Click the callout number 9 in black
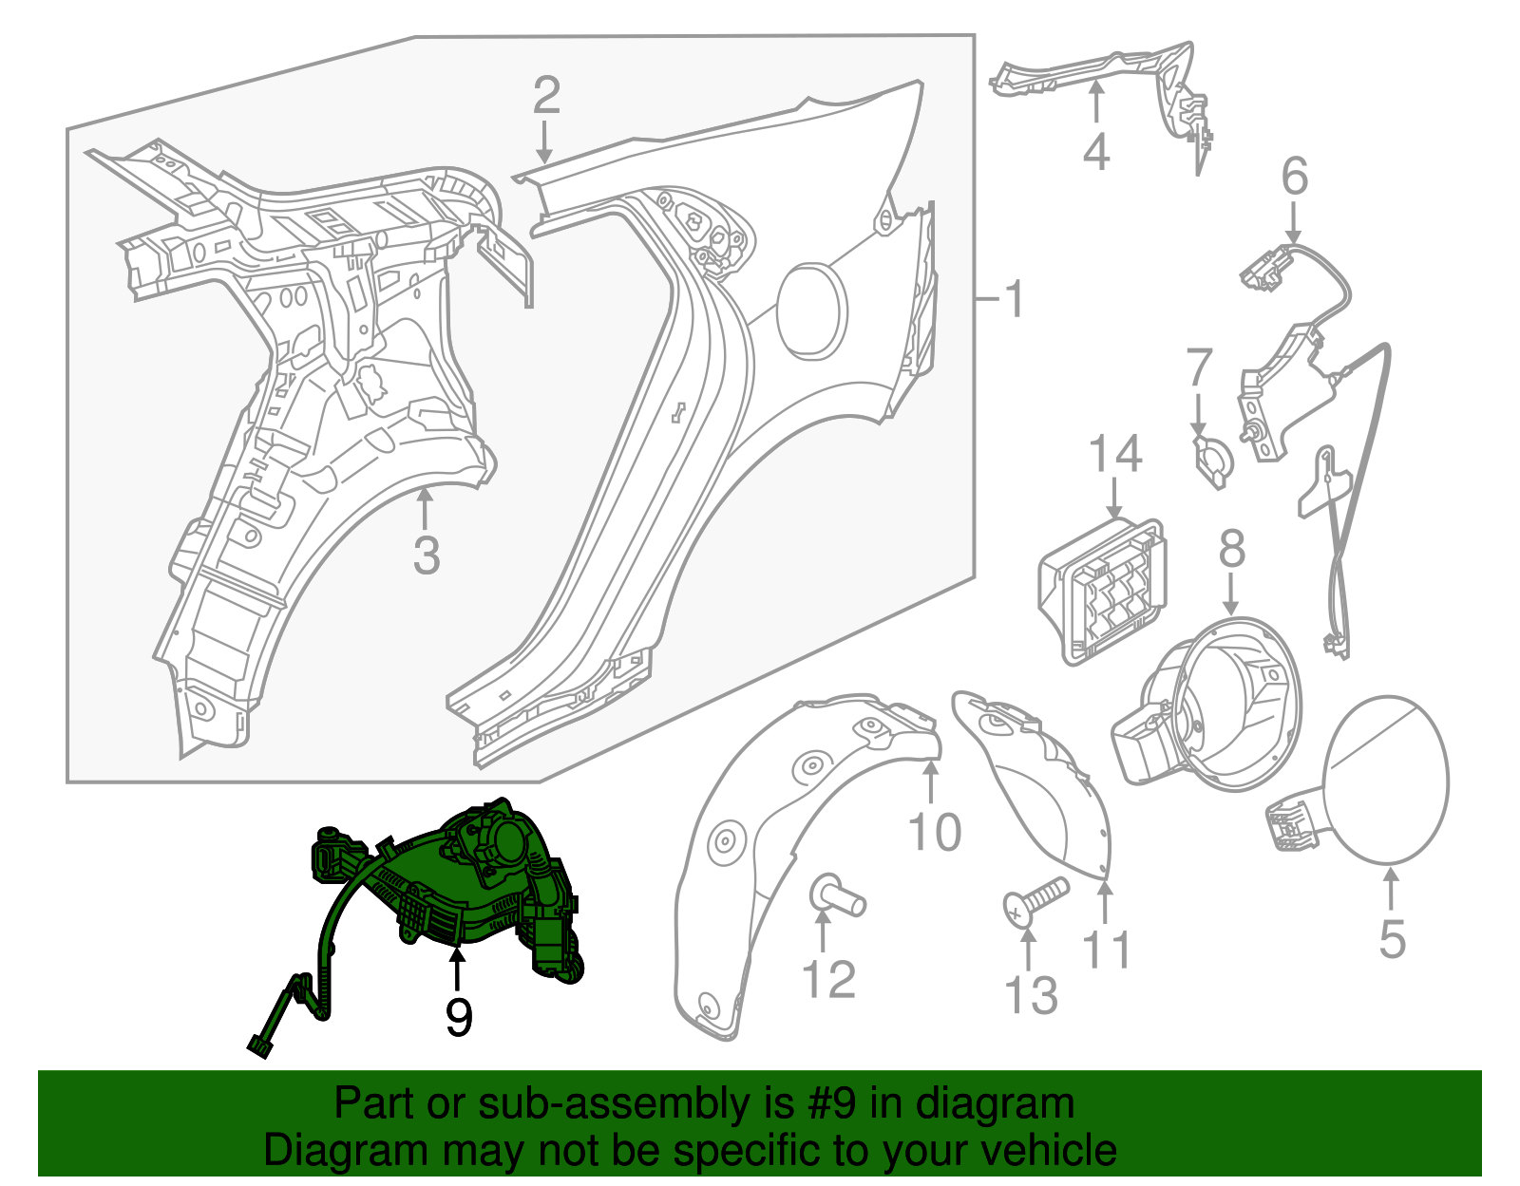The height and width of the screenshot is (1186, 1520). coord(459,1017)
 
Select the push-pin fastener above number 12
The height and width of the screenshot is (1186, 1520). coord(835,896)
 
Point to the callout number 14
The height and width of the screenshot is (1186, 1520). coord(1114,455)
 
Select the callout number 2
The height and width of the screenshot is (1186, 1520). coord(545,96)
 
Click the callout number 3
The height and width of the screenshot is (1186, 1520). coord(427,555)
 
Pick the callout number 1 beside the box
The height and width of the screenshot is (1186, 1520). coord(1015,299)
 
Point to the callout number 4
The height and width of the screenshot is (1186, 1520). coord(1095,152)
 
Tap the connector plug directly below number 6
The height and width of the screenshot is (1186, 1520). coord(1266,267)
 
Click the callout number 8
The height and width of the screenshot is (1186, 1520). coord(1231,549)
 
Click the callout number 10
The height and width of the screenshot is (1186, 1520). coord(935,832)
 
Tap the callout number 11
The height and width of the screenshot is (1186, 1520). coord(1107,949)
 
